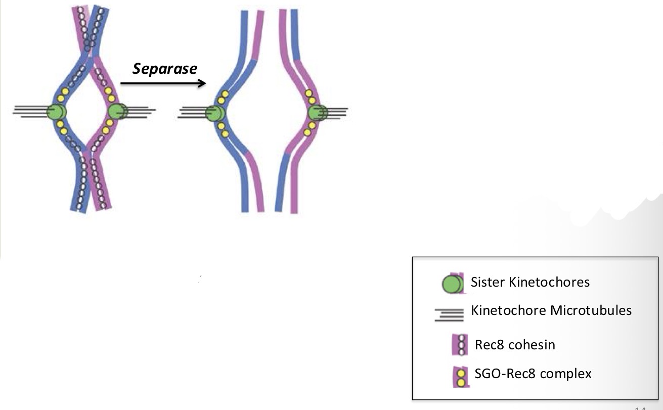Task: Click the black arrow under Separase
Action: click(x=163, y=83)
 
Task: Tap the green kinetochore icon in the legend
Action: click(x=452, y=284)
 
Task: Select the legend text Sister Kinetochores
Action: click(x=530, y=282)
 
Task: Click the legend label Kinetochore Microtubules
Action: click(x=551, y=310)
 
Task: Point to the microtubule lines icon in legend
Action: click(x=449, y=315)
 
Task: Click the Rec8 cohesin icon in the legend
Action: click(x=460, y=345)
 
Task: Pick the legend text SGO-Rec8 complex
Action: click(x=533, y=374)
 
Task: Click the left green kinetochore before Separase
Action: click(x=57, y=112)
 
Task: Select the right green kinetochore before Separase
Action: click(x=118, y=111)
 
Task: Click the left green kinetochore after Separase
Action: click(x=215, y=113)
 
